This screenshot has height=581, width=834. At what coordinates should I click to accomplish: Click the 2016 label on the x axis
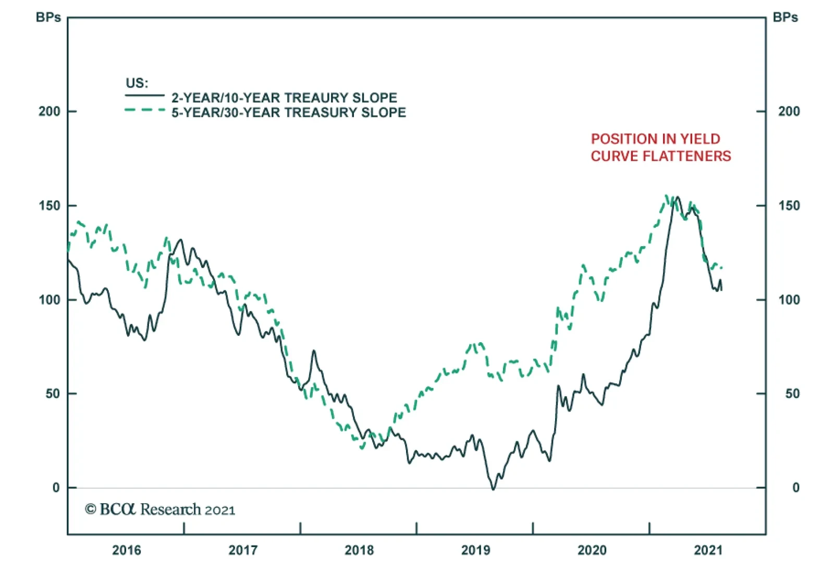(x=127, y=550)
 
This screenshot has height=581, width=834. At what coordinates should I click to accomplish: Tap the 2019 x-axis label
(x=475, y=550)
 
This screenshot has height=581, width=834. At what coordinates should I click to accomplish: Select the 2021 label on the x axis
(x=708, y=550)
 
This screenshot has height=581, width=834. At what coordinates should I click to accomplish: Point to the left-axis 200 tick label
(x=49, y=112)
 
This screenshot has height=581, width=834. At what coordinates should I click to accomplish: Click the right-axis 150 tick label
(x=789, y=205)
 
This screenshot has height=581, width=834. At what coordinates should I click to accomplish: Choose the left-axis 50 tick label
(x=53, y=394)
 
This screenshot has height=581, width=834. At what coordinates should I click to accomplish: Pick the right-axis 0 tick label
(x=795, y=488)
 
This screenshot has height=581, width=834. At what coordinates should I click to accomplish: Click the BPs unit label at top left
(x=48, y=18)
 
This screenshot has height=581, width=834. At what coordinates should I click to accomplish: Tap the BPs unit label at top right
(x=785, y=18)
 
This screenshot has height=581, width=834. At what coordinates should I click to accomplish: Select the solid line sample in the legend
(x=144, y=96)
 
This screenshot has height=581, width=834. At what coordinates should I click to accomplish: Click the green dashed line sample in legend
(x=144, y=110)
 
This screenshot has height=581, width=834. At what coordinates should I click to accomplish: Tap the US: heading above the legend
(x=137, y=83)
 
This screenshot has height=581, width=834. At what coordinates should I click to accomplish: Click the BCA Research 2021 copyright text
(x=160, y=510)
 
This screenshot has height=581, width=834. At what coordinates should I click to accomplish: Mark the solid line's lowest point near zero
(x=493, y=489)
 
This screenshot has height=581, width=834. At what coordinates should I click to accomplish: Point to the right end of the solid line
(x=721, y=289)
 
